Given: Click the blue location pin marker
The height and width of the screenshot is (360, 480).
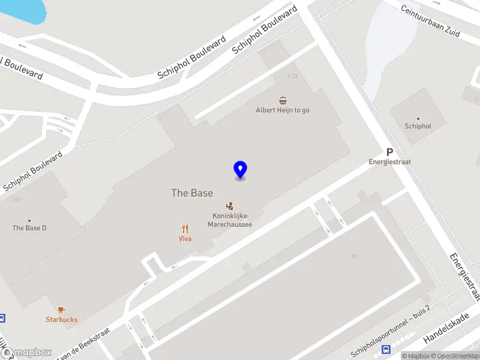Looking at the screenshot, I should [240, 170].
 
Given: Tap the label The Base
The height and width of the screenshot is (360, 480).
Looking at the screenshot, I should [192, 193].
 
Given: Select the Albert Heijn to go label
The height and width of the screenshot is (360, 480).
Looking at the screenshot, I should [283, 110].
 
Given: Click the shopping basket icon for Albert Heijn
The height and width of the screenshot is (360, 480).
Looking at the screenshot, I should [283, 100].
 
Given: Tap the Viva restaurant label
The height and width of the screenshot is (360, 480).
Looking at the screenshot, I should [185, 238].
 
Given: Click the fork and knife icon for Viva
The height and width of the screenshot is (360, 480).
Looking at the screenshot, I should [185, 228].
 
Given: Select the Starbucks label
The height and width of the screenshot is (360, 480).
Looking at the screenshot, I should [62, 320].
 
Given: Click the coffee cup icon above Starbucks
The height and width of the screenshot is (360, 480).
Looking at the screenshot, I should [62, 310].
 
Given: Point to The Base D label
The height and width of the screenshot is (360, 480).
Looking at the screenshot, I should [29, 228].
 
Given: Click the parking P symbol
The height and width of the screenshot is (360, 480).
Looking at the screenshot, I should [389, 152].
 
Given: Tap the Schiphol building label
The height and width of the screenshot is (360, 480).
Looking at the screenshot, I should [418, 126].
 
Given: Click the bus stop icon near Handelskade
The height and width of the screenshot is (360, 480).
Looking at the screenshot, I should [388, 349].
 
